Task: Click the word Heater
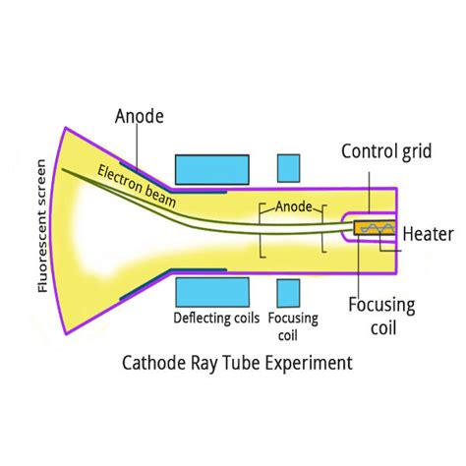[x=427, y=235]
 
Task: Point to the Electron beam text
[x=138, y=186]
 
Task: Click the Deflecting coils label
[x=216, y=319]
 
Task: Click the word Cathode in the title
[x=153, y=363]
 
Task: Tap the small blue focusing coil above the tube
[x=288, y=168]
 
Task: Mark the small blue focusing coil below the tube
[x=288, y=292]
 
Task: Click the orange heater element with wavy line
[x=373, y=228]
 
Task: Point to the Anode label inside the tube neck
[x=294, y=208]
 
